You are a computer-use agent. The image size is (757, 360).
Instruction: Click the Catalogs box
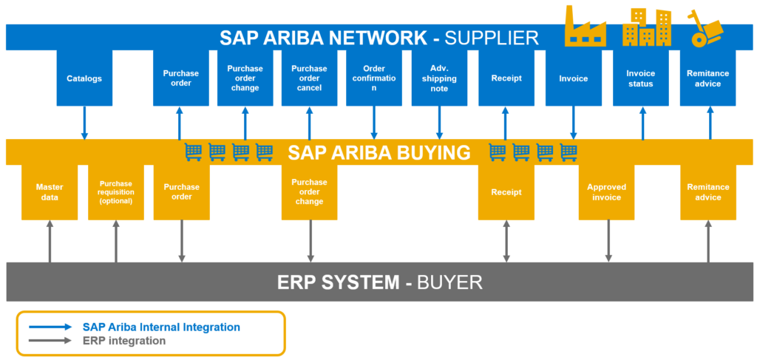pos(84,78)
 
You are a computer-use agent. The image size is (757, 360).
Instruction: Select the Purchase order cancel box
pos(310,78)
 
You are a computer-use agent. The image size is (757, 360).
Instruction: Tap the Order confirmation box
pos(374,78)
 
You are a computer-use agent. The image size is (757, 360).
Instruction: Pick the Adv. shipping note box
pos(439,78)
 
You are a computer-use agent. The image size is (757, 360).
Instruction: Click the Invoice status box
pos(640,78)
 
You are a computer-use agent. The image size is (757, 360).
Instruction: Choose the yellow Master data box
pos(50,192)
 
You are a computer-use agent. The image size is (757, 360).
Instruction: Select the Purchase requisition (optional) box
pos(115,192)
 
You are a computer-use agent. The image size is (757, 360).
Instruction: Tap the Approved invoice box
pos(607,192)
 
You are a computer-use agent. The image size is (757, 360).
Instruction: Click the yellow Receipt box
pos(506,192)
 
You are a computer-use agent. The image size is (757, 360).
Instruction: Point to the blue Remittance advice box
pos(707,78)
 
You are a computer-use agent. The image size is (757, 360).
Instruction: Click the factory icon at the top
pos(585,28)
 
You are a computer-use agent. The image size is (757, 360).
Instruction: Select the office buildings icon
pos(646,29)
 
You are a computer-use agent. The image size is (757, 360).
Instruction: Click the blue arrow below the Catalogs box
pos(84,123)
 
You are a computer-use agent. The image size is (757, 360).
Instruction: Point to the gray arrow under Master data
pos(50,241)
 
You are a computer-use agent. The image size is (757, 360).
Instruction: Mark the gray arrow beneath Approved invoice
pos(608,241)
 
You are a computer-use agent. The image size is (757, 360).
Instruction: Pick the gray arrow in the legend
pos(50,341)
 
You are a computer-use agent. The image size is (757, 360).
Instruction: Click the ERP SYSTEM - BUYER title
pos(379,282)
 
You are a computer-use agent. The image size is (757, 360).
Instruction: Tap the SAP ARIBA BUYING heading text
pos(378,152)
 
